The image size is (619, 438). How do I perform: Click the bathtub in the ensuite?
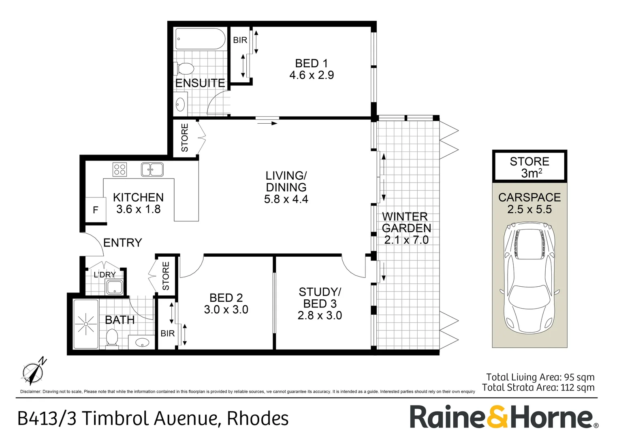pos(200,39)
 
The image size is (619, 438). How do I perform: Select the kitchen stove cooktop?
pos(120,169)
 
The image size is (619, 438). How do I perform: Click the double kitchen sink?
pos(152,170)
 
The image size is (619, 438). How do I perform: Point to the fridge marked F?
pos(96,210)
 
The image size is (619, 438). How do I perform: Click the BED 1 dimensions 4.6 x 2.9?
pos(312,75)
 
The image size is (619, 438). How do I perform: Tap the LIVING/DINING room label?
pos(286,182)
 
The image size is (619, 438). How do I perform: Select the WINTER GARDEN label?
pos(406,222)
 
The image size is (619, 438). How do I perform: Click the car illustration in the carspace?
pos(529,277)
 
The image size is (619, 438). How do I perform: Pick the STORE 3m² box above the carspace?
pos(529,167)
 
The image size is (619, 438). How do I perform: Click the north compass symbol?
pos(33,371)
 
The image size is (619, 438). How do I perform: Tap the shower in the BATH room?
pos(86,324)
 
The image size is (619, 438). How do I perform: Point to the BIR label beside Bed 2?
pos(167,333)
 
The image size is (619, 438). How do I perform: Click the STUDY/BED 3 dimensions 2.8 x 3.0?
pos(320,316)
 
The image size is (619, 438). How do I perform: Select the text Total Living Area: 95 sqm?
pos(540,377)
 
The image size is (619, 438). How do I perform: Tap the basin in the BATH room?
pos(142,343)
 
